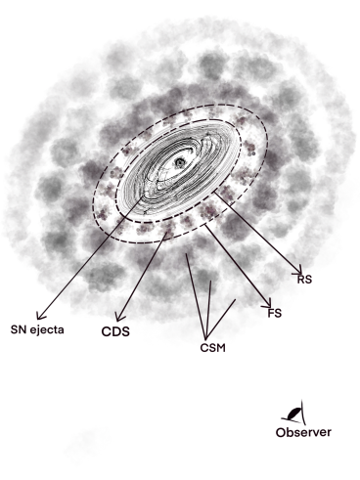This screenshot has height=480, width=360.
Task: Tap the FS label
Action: click(x=275, y=313)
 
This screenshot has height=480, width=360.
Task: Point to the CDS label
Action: click(x=116, y=331)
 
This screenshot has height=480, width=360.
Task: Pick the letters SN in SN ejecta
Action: click(x=18, y=328)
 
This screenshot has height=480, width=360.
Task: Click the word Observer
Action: click(x=303, y=431)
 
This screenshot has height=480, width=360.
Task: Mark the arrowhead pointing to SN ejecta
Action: click(x=39, y=315)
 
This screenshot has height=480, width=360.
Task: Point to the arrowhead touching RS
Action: click(x=297, y=271)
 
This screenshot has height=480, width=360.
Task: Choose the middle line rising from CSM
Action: click(x=208, y=303)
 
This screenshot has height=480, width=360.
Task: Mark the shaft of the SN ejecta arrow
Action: click(x=88, y=264)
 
